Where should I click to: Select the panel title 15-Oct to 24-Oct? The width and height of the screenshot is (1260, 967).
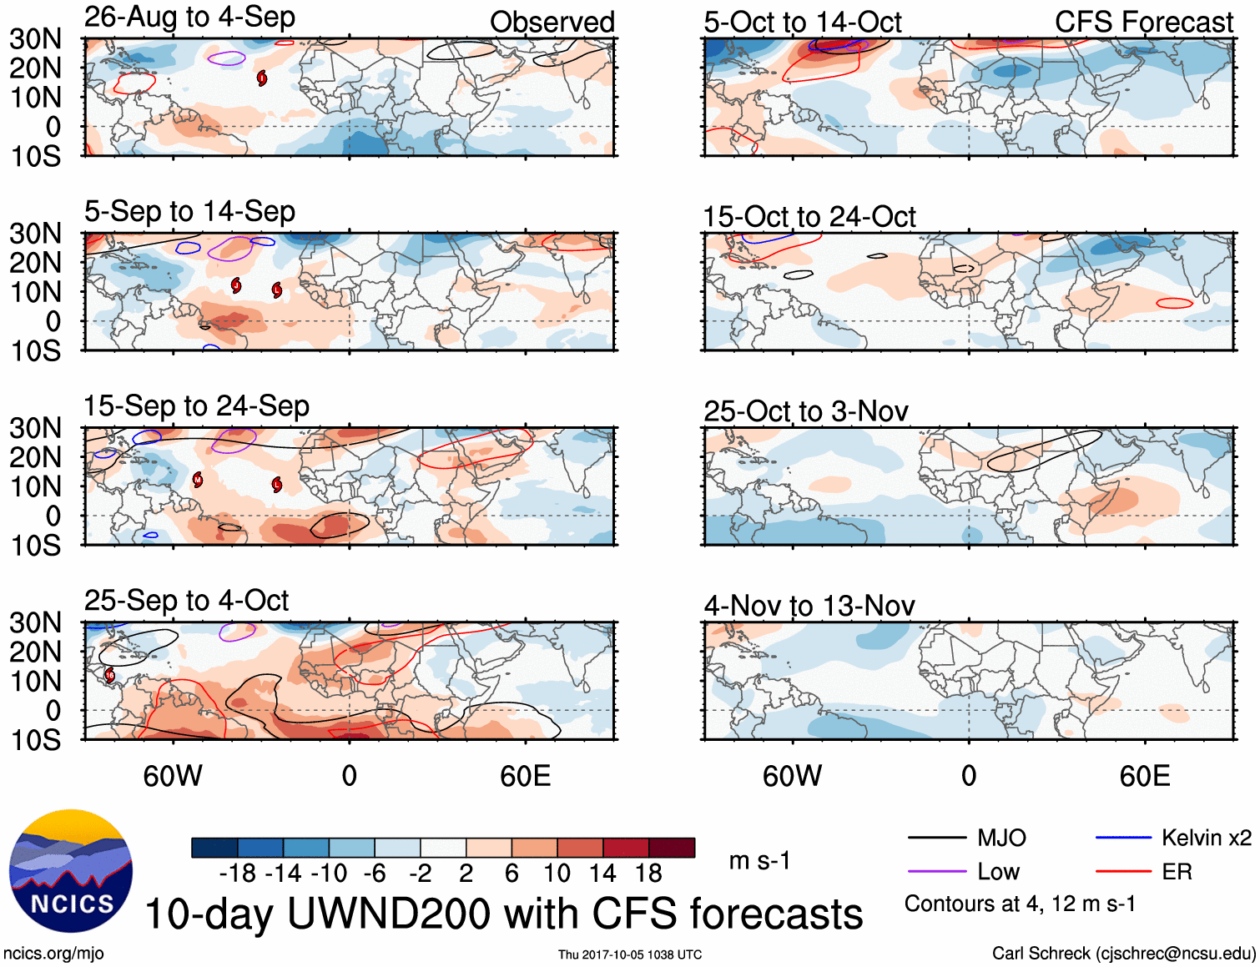point(809,217)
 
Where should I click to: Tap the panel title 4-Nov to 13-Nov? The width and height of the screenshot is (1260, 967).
point(809,606)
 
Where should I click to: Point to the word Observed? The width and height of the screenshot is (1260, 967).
point(552,23)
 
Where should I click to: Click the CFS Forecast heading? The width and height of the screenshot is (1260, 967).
point(1143,23)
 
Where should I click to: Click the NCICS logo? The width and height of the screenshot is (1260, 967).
point(71,870)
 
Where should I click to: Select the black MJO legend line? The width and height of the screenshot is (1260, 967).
point(936,838)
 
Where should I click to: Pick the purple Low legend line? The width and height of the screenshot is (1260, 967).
point(936,872)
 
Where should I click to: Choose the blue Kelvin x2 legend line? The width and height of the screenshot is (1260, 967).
point(1123,838)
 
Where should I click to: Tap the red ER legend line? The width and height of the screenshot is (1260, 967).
point(1123,872)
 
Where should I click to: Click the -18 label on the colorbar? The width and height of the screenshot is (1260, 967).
point(238,874)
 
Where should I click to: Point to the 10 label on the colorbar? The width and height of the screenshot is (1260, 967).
point(557,874)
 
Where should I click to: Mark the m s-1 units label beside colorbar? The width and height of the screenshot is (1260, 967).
point(759,860)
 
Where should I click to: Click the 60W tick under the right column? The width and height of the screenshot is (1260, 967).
point(792,776)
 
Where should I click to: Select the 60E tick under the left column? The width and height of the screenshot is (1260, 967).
point(525,776)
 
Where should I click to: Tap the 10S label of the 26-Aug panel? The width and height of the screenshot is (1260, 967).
point(35,156)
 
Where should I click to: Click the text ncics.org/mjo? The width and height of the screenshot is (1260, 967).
point(53,953)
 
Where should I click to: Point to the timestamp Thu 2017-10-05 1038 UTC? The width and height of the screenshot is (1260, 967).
point(630,954)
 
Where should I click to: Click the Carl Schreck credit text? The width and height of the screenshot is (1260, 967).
point(1123,953)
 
